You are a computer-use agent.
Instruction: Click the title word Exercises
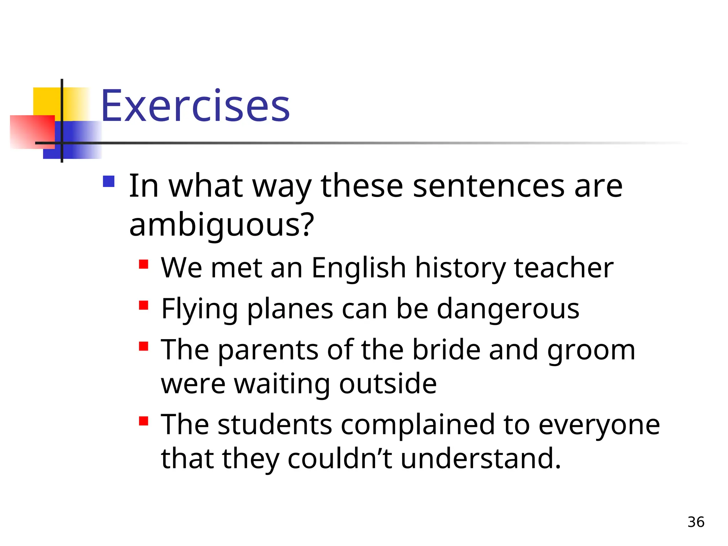195,106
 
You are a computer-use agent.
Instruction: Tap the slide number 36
696,522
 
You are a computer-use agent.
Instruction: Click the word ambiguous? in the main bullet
222,225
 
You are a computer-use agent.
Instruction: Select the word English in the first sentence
359,268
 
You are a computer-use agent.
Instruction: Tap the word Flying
199,309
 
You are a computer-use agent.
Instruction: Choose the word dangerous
508,309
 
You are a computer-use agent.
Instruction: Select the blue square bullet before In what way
108,182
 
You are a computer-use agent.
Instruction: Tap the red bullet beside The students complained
144,421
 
